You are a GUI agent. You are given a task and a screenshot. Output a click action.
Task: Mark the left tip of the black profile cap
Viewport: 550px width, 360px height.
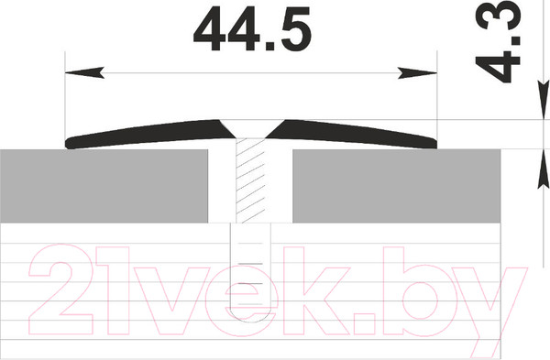coord(70,143)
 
